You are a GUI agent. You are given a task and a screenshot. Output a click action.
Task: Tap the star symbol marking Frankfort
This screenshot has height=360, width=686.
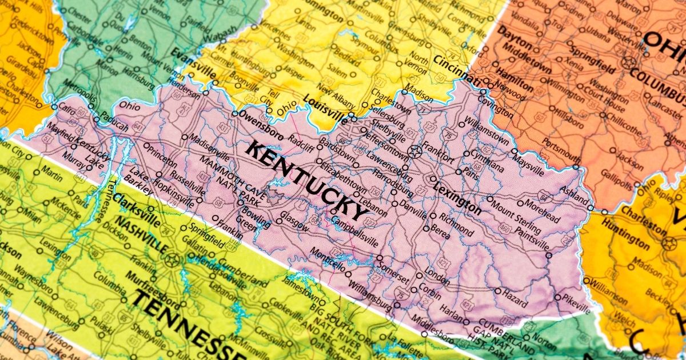pyautogui.click(x=415, y=151)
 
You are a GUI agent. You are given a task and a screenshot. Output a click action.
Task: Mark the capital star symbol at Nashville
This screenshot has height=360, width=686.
pyautogui.click(x=170, y=258)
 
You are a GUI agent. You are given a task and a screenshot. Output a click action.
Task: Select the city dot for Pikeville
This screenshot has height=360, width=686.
pyautogui.click(x=558, y=297)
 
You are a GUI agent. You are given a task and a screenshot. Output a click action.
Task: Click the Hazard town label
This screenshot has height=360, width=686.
pyautogui.click(x=514, y=294)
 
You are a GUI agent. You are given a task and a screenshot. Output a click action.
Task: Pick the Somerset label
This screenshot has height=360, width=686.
pyautogui.click(x=393, y=270)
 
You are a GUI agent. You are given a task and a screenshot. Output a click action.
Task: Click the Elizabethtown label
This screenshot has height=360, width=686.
pyautogui.click(x=344, y=179)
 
